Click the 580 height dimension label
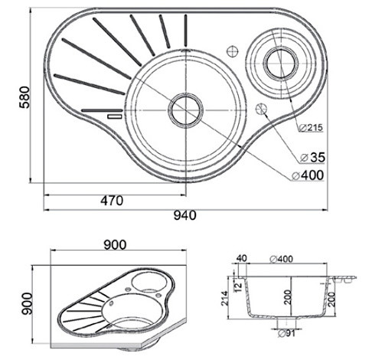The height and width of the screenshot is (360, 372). point(24,97)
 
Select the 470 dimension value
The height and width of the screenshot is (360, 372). point(112,201)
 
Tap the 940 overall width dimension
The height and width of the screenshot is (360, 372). point(185,215)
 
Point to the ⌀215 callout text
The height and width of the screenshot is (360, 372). point(311,127)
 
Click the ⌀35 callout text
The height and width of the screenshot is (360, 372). point(312,157)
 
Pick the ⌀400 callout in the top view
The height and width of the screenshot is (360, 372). point(308,175)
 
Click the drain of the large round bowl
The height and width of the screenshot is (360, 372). point(186,110)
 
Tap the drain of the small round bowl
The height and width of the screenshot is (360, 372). point(282,63)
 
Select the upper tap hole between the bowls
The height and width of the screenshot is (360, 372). point(233,51)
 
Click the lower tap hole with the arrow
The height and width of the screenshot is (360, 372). point(261,109)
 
